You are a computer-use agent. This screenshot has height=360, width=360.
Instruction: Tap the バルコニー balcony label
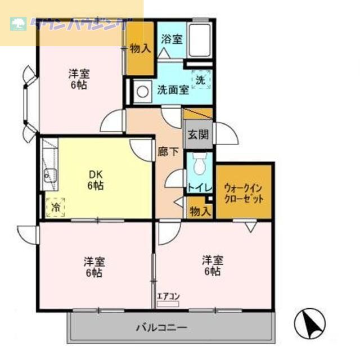coord(161,327)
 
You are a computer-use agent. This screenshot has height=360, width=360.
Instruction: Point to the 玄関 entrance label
coord(199,134)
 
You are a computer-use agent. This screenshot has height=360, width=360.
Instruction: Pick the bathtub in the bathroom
coord(200,39)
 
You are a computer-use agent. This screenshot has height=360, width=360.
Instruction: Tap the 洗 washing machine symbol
coord(200,80)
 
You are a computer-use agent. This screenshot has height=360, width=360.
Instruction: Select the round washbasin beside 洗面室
coord(142,91)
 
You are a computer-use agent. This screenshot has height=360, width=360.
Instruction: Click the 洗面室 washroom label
coord(173,90)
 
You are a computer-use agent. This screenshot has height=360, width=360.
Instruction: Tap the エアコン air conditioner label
coord(168,296)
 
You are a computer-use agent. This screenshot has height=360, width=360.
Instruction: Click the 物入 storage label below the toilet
coord(200,211)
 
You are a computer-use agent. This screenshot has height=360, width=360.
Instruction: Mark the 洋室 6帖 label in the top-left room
coord(79,80)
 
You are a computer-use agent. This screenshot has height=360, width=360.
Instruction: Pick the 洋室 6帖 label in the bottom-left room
coord(94,267)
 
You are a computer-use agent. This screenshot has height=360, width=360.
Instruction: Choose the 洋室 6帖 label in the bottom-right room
coord(213,265)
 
